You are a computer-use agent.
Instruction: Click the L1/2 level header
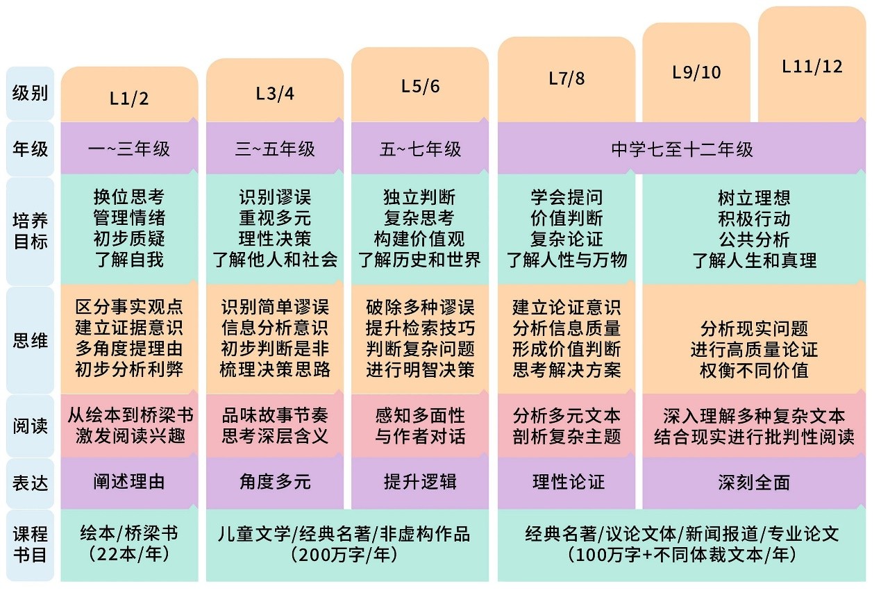pos(129,98)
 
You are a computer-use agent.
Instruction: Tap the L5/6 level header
pos(420,86)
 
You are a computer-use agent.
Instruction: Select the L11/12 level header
pos(812,66)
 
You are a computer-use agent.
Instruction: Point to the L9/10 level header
pos(696,72)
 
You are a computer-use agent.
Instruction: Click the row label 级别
pos(30,93)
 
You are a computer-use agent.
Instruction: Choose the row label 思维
pos(30,340)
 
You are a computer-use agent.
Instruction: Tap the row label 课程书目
pos(30,544)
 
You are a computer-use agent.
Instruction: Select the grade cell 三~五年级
pos(275,149)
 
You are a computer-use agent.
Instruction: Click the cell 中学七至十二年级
pos(682,149)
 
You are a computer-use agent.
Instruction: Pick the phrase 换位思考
pos(129,197)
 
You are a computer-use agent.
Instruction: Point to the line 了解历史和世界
pos(420,260)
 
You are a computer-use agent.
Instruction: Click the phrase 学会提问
pos(567,197)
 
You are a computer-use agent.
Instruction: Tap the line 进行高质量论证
pos(754,349)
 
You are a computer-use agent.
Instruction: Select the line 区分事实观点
pos(129,307)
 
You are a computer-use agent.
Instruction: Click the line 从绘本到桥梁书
pos(129,415)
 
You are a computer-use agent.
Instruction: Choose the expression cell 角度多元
pos(275,482)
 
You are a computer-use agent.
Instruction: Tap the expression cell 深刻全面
pos(754,482)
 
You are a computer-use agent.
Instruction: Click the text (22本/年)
pos(129,555)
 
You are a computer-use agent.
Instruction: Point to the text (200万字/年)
pos(344,555)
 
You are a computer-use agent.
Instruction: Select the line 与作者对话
pos(420,437)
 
